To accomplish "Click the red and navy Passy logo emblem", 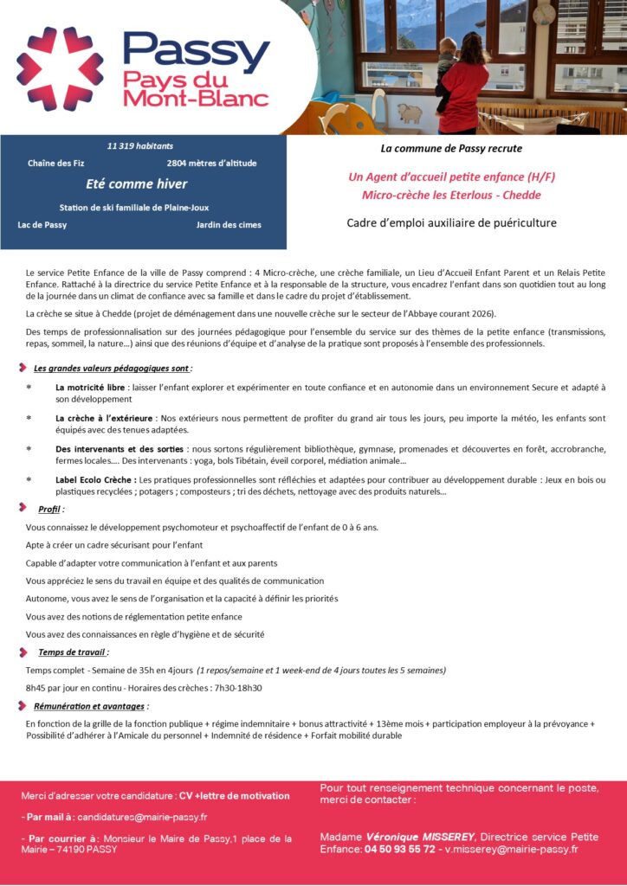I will pyautogui.click(x=60, y=69).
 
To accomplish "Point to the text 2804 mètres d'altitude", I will pyautogui.click(x=211, y=163).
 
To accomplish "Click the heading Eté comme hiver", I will pyautogui.click(x=136, y=183).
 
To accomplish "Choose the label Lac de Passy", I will pyautogui.click(x=42, y=225).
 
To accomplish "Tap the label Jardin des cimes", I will pyautogui.click(x=229, y=225).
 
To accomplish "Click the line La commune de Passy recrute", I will pyautogui.click(x=451, y=149).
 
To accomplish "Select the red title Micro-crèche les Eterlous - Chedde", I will pyautogui.click(x=451, y=196).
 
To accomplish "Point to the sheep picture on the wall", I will pyautogui.click(x=409, y=113).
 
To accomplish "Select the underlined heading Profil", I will pyautogui.click(x=50, y=509).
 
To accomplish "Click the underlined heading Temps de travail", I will pyautogui.click(x=73, y=652).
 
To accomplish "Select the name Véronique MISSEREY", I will pyautogui.click(x=420, y=837).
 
